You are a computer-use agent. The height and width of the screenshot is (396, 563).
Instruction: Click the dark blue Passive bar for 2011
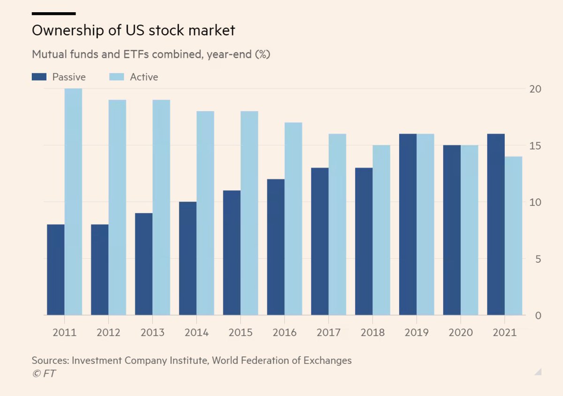click(56, 270)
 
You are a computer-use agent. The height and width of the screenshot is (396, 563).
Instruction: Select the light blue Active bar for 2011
click(73, 202)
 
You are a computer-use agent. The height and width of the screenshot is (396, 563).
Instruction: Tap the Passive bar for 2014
click(188, 258)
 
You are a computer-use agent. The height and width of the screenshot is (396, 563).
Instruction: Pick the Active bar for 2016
click(293, 219)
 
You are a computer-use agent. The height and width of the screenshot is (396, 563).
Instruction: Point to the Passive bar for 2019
click(408, 224)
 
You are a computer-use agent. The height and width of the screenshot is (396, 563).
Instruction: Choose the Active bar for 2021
click(514, 236)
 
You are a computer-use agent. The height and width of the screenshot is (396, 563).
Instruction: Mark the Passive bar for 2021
click(496, 224)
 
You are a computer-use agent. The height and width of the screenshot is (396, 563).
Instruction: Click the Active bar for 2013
click(161, 207)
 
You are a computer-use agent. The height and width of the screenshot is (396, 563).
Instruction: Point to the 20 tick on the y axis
click(535, 89)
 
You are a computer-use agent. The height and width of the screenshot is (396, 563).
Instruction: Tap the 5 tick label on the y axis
click(538, 259)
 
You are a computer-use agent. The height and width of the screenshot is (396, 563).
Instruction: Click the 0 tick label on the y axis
click(538, 315)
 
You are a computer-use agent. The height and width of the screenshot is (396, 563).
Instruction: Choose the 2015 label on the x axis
click(241, 332)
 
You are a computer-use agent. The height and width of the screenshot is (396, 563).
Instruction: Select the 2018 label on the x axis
click(373, 332)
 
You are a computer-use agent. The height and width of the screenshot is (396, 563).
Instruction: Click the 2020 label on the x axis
click(461, 332)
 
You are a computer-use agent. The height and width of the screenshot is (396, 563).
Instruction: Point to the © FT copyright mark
click(44, 373)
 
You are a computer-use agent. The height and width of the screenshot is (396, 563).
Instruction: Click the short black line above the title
click(53, 14)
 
